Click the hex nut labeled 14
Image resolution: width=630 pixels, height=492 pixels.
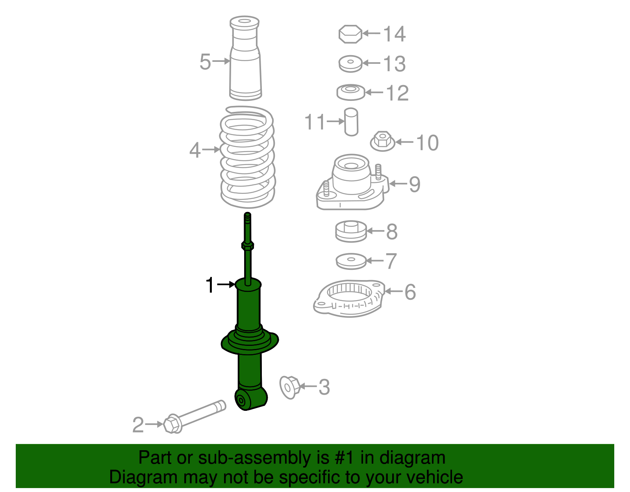(350, 34)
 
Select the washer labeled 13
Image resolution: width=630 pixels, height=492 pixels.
(350, 64)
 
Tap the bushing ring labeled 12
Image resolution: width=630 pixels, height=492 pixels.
(350, 92)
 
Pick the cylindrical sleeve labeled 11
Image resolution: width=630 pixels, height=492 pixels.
(351, 122)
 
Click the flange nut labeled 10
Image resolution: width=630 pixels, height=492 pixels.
(382, 142)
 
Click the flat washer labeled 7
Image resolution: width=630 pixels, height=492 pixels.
(351, 261)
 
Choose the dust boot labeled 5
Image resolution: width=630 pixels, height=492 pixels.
(245, 59)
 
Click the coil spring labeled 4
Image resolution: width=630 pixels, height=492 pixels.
(247, 158)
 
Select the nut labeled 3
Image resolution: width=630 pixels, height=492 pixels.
(290, 387)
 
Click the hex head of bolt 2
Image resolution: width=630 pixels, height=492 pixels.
(172, 424)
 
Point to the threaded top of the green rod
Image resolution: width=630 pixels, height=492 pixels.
(248, 219)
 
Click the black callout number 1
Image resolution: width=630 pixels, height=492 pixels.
(210, 285)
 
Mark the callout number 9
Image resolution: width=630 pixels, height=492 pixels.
(415, 184)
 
